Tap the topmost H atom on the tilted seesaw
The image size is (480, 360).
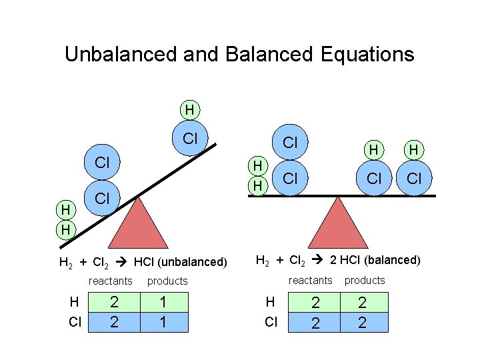[190, 109]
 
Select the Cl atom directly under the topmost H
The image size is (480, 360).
[190, 139]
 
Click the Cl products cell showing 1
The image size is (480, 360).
[161, 323]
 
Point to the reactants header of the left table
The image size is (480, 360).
[111, 281]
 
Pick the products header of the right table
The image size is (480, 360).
[365, 280]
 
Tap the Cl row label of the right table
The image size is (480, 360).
[271, 322]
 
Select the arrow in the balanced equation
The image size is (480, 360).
[319, 260]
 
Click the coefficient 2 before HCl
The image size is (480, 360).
[334, 260]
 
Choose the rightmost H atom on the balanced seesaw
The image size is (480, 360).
[413, 151]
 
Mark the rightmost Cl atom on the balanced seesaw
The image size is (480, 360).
[413, 178]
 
